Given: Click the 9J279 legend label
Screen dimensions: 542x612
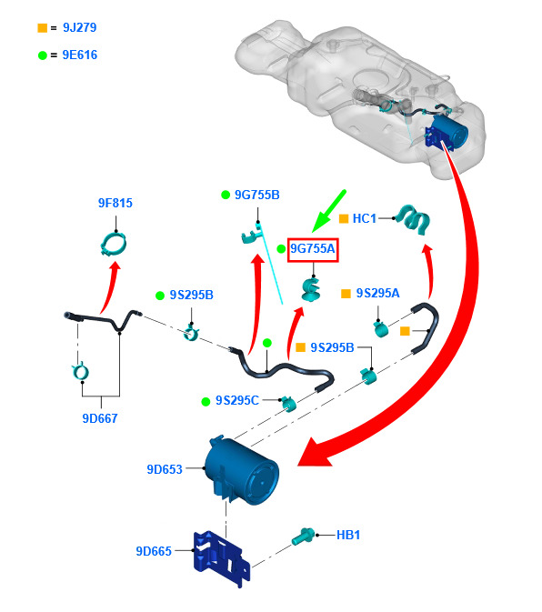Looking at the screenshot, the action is point(80,27).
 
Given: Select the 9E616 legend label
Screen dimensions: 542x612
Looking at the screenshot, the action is point(80,55).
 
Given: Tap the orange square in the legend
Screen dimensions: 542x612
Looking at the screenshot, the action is point(42,28).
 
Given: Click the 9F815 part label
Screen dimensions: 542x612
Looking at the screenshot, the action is point(115,203).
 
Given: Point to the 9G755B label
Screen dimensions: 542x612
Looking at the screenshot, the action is point(257,195).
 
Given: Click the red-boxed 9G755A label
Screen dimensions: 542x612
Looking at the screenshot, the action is point(313,248).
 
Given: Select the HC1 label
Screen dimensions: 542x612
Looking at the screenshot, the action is point(364,218).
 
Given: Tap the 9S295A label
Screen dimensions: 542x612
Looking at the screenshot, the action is point(377,293).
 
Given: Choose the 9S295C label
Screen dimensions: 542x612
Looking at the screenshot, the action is point(237,400).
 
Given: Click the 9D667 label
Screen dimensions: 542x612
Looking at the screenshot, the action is point(100,418).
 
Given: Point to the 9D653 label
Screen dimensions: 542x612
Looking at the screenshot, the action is point(165,469).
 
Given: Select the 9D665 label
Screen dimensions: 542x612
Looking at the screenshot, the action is point(154,551).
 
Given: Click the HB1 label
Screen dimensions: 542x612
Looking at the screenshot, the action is point(348,535).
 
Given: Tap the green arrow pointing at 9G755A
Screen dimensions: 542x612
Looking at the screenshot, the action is point(328,211).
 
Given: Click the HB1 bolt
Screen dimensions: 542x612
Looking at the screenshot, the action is point(303,537).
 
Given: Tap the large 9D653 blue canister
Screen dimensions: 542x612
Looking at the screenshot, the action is point(242,471).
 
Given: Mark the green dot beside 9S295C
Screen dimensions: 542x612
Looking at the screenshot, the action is point(206,402).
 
